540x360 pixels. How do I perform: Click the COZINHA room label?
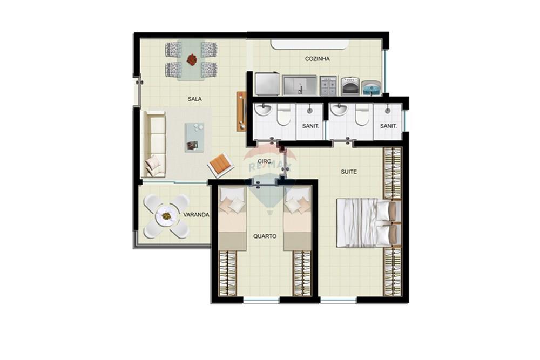(317, 59)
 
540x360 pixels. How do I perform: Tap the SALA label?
(194, 99)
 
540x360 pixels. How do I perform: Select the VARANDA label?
(197, 215)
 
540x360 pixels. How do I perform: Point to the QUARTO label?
(265, 236)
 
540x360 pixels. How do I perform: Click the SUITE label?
(349, 172)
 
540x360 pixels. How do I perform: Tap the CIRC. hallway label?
(265, 161)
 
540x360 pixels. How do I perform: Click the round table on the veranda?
(166, 216)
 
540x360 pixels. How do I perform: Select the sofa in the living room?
(154, 144)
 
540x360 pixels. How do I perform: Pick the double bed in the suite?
(368, 223)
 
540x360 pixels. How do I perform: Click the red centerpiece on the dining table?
(192, 59)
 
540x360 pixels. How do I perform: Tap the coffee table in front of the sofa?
(194, 137)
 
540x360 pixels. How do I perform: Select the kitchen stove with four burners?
(328, 86)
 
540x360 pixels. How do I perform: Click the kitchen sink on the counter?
(300, 85)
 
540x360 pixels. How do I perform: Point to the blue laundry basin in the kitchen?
(372, 88)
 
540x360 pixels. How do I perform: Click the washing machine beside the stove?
(350, 86)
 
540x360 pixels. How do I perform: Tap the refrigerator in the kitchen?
(267, 84)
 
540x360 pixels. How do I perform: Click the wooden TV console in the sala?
(241, 111)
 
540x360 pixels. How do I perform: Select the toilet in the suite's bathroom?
(362, 114)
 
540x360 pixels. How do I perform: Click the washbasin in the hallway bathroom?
(264, 110)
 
